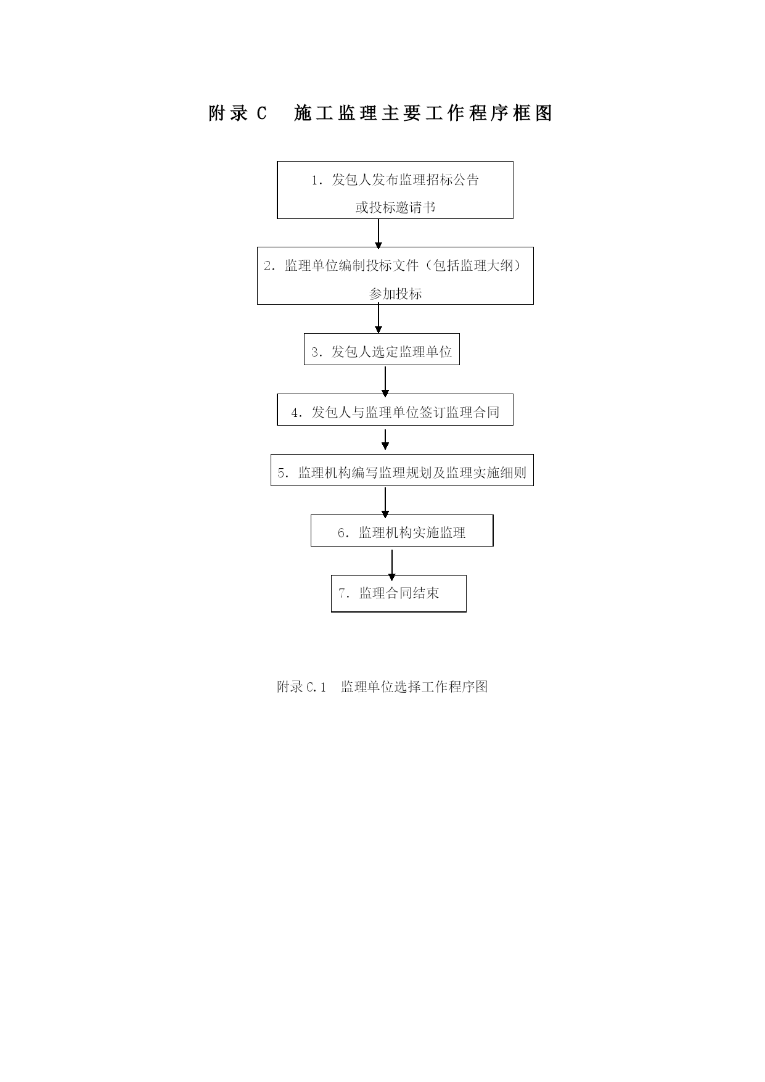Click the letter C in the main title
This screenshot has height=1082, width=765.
tap(261, 114)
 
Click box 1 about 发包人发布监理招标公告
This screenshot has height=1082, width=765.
tap(395, 190)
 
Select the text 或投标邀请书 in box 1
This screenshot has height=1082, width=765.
tap(395, 207)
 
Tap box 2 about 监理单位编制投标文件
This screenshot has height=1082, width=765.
tap(395, 276)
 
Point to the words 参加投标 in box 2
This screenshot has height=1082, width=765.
tap(395, 294)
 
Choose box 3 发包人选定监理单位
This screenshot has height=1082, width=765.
tap(382, 349)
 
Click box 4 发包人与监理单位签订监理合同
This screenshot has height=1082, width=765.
tap(395, 410)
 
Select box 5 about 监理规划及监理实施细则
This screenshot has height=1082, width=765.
tap(402, 470)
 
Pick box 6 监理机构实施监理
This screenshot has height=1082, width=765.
tap(402, 531)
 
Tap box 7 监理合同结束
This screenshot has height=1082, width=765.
tap(399, 593)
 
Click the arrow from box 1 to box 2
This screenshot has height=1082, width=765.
tap(378, 234)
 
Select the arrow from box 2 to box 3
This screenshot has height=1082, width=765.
tap(378, 319)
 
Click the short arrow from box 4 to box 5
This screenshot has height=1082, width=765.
tap(385, 439)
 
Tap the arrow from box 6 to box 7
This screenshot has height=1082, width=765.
tap(392, 564)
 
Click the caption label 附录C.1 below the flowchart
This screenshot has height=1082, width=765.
tap(301, 687)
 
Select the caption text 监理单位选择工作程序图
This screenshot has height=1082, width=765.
tap(414, 687)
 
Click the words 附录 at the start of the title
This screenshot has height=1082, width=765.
tap(229, 114)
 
